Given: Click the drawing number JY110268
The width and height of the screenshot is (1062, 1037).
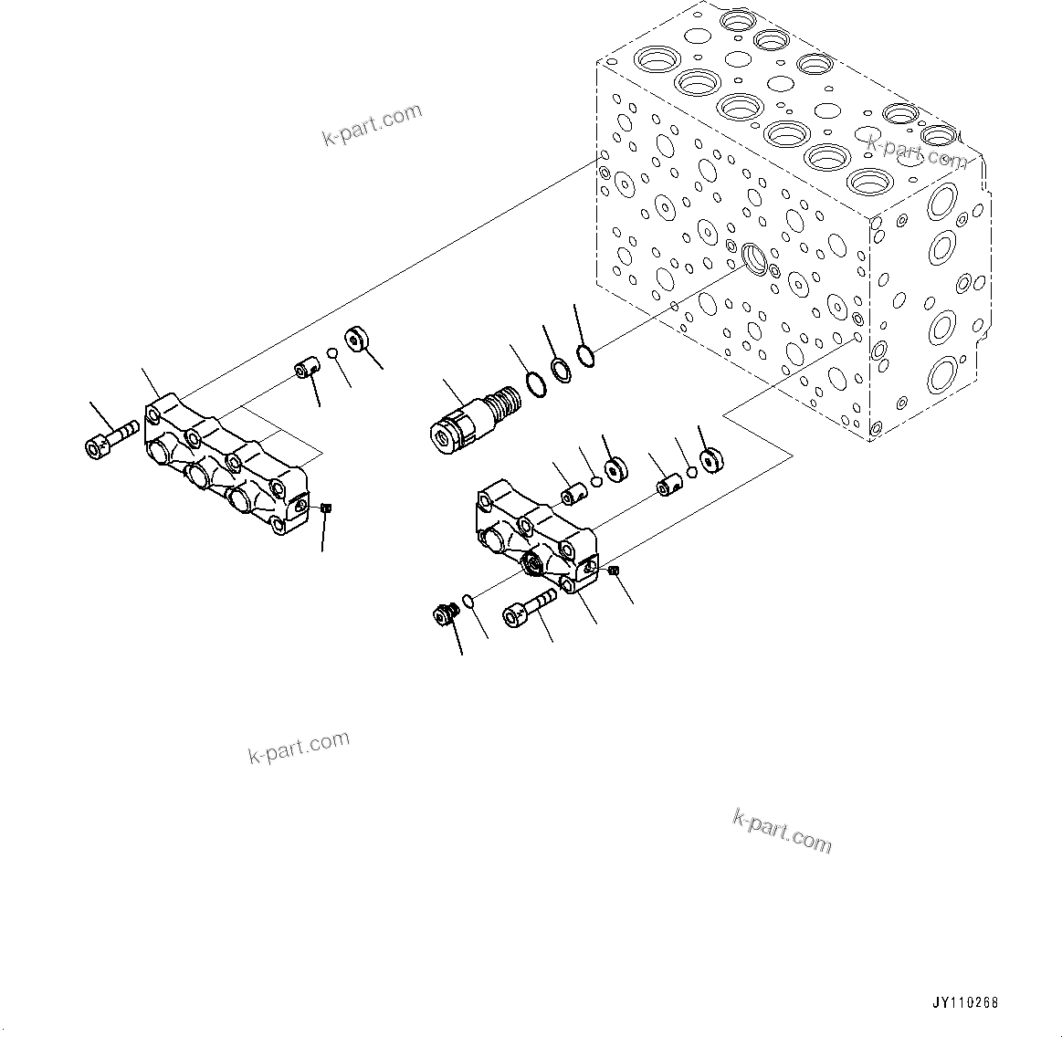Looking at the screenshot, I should (x=965, y=1002).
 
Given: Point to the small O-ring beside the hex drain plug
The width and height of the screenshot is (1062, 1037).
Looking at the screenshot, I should (x=468, y=600).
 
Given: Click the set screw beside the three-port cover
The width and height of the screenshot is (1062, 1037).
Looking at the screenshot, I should (x=327, y=508).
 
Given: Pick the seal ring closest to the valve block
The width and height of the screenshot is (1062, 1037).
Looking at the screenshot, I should (x=589, y=354).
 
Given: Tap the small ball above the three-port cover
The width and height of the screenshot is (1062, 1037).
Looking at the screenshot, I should (x=334, y=354).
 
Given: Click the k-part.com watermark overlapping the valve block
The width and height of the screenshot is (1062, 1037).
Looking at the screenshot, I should (x=916, y=152).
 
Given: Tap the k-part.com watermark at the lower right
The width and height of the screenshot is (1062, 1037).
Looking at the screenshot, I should (x=782, y=831).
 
